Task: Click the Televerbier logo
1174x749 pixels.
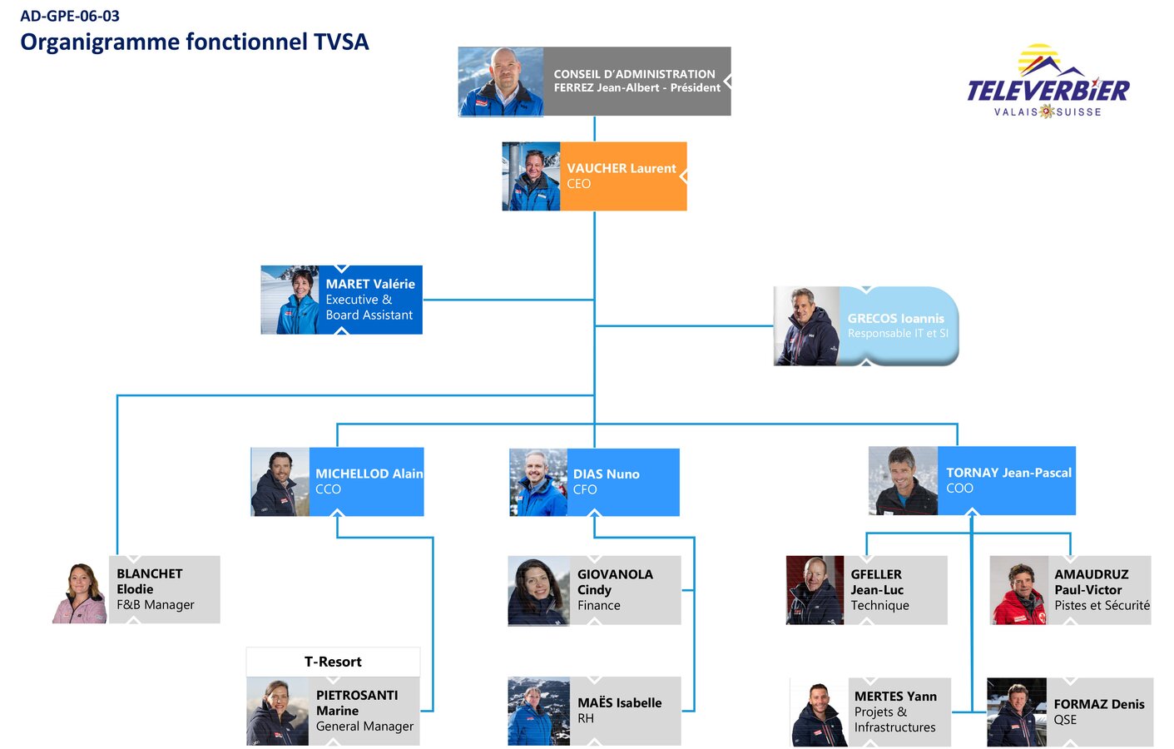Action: (x=1048, y=82)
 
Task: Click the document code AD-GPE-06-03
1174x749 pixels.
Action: (x=70, y=17)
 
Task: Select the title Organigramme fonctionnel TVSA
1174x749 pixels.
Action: (x=195, y=42)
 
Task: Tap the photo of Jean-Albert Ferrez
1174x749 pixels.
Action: (x=501, y=82)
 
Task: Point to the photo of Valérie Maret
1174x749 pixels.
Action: (x=290, y=300)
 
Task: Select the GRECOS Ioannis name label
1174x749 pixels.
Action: (x=896, y=318)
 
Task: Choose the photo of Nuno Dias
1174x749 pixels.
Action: (x=538, y=482)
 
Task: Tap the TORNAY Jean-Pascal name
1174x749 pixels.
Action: (x=1009, y=473)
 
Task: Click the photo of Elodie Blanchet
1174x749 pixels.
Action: (x=80, y=593)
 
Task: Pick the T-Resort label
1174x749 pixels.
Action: (x=333, y=662)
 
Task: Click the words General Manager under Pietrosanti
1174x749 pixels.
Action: (x=364, y=727)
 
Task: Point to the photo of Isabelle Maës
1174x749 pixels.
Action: (x=539, y=712)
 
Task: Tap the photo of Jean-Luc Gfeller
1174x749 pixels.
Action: (x=815, y=590)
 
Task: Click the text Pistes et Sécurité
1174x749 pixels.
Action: (x=1102, y=605)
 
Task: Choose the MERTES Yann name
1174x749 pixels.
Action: (x=895, y=697)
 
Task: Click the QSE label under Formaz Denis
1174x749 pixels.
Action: (x=1065, y=720)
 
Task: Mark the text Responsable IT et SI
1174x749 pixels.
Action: (x=899, y=334)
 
